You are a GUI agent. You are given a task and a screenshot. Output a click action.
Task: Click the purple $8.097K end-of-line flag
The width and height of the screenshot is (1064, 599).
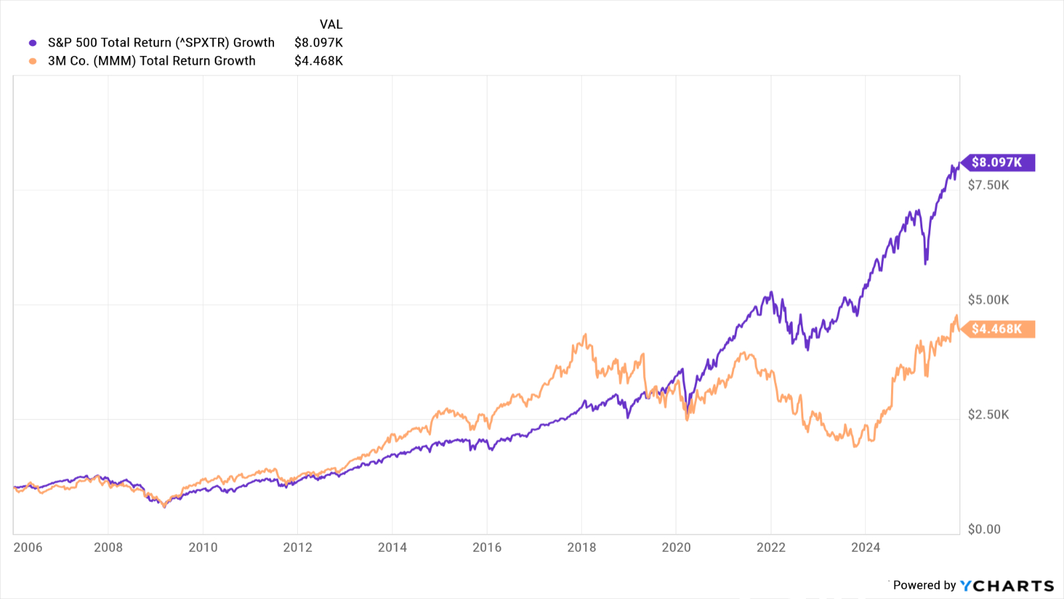[x=997, y=162]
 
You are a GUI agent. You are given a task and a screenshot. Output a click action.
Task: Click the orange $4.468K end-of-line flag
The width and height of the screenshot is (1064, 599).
[x=997, y=329]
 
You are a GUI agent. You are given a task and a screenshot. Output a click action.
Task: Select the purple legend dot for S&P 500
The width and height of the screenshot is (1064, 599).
[x=33, y=43]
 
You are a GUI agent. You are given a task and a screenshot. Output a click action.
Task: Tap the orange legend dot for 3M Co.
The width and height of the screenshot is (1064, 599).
[x=33, y=61]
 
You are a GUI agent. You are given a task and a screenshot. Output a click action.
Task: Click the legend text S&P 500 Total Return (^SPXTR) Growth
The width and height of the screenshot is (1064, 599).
[x=161, y=43]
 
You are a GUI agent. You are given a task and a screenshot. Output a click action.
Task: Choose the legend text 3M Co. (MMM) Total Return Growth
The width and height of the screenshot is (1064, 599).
[x=152, y=61]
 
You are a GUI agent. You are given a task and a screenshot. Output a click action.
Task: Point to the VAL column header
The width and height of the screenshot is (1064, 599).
[x=331, y=25]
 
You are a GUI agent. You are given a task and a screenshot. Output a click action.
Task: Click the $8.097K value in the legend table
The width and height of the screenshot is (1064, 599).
[x=319, y=43]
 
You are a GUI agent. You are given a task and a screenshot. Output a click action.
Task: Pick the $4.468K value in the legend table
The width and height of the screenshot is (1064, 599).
[x=319, y=61]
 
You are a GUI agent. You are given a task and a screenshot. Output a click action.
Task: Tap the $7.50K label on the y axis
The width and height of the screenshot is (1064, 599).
[x=988, y=185]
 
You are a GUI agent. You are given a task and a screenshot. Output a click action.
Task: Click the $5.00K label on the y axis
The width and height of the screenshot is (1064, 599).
[x=988, y=299]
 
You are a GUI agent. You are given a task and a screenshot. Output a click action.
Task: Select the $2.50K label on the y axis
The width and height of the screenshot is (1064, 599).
[x=988, y=415]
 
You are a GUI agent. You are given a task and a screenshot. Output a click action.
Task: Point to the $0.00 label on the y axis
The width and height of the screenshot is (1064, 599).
[x=984, y=529]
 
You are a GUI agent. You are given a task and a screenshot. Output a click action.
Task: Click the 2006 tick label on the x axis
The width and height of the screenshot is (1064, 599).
[x=28, y=547]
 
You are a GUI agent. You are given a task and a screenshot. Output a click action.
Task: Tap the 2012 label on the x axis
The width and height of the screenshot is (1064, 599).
[x=297, y=547]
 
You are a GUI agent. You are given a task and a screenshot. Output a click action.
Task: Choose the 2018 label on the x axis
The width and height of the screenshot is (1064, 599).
[x=581, y=547]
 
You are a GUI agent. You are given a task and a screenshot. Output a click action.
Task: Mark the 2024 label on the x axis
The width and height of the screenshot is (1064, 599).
[x=865, y=547]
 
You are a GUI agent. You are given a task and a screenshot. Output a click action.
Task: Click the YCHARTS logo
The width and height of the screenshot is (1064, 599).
[x=1007, y=586]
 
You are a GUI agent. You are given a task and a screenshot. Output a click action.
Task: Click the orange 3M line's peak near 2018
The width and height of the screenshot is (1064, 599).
[x=585, y=335]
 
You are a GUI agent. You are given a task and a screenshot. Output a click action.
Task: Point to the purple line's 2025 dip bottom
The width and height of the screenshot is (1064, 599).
[x=926, y=263]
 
